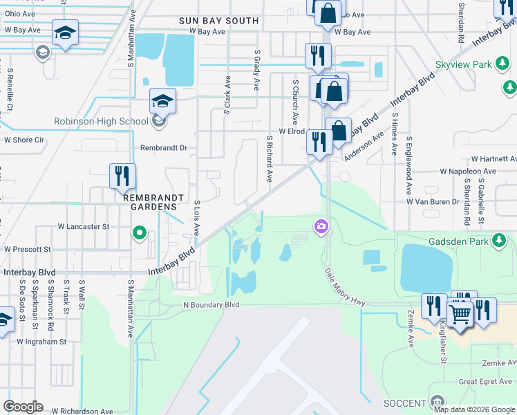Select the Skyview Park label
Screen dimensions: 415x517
pos(463,65)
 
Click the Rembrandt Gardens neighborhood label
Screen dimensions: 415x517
pos(155,197)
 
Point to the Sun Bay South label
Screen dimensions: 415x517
pos(218,21)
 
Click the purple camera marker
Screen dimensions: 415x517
pos(321,225)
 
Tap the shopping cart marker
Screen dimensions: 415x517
pos(460,313)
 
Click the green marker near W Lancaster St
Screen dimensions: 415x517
pos(140,232)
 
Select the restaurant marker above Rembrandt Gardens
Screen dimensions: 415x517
pos(122,176)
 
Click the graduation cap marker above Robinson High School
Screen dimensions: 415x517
pos(162,102)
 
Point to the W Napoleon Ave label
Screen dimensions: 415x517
pos(468,171)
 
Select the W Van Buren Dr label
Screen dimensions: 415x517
pos(433,201)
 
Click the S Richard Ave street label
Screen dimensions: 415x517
pos(269,158)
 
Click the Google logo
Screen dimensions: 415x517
pos(24,406)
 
